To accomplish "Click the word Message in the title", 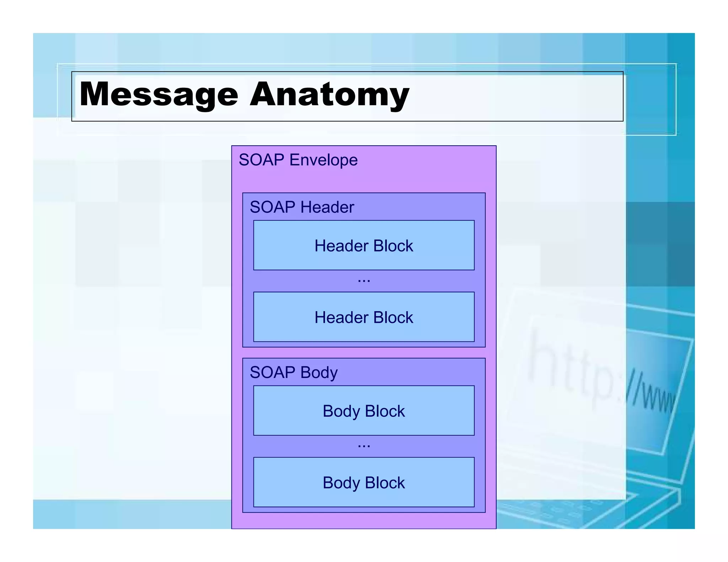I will coord(159,94).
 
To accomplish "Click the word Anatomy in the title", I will coord(330,94).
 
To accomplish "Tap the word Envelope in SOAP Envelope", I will coord(323,160).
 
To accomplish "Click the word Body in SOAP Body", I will coord(318,373).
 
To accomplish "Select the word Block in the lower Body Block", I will coord(385,483).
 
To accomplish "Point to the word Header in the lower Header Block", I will coord(341,317).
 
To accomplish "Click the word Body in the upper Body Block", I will coord(341,411).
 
